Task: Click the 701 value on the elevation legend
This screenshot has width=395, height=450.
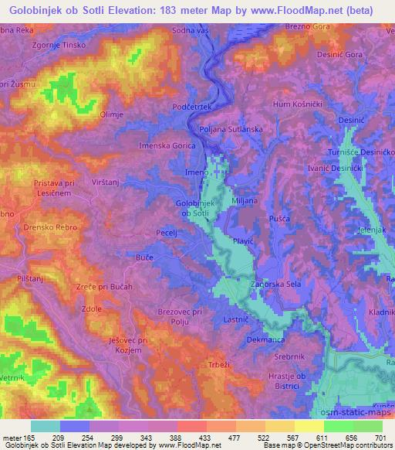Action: [378, 438]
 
